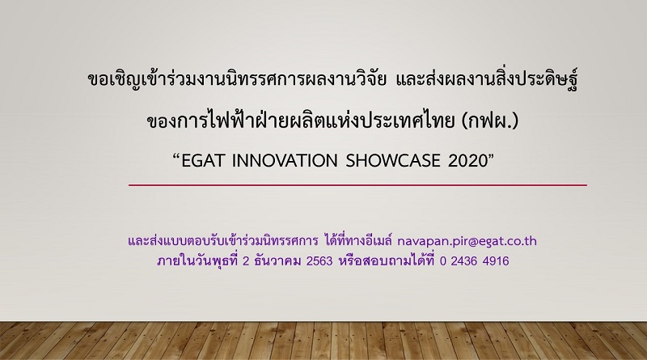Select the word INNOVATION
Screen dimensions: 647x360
[285, 161]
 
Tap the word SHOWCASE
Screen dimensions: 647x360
[393, 161]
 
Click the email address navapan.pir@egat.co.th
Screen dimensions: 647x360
[467, 241]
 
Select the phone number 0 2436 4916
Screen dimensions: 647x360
[474, 261]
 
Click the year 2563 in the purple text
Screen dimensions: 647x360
[319, 261]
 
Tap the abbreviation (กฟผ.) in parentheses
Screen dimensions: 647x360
[490, 121]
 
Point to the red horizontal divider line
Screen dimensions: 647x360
[357, 185]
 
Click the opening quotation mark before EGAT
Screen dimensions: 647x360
[176, 156]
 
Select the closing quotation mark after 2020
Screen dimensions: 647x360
[491, 156]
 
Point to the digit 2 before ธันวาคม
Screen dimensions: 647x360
[246, 261]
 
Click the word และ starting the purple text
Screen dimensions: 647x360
[137, 241]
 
